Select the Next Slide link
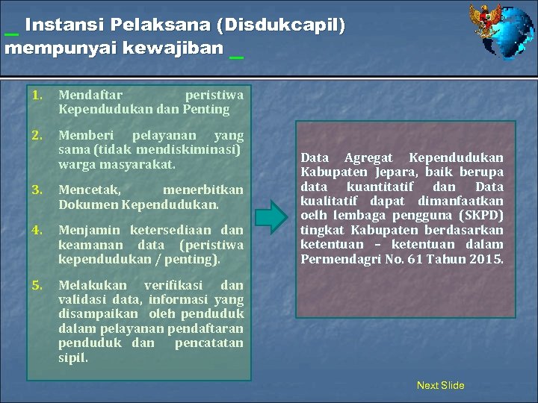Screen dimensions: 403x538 440,385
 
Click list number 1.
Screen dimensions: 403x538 37,95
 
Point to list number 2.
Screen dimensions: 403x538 37,136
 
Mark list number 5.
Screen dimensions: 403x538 37,285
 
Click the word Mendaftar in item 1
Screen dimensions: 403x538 90,95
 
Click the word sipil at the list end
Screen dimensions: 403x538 72,357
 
